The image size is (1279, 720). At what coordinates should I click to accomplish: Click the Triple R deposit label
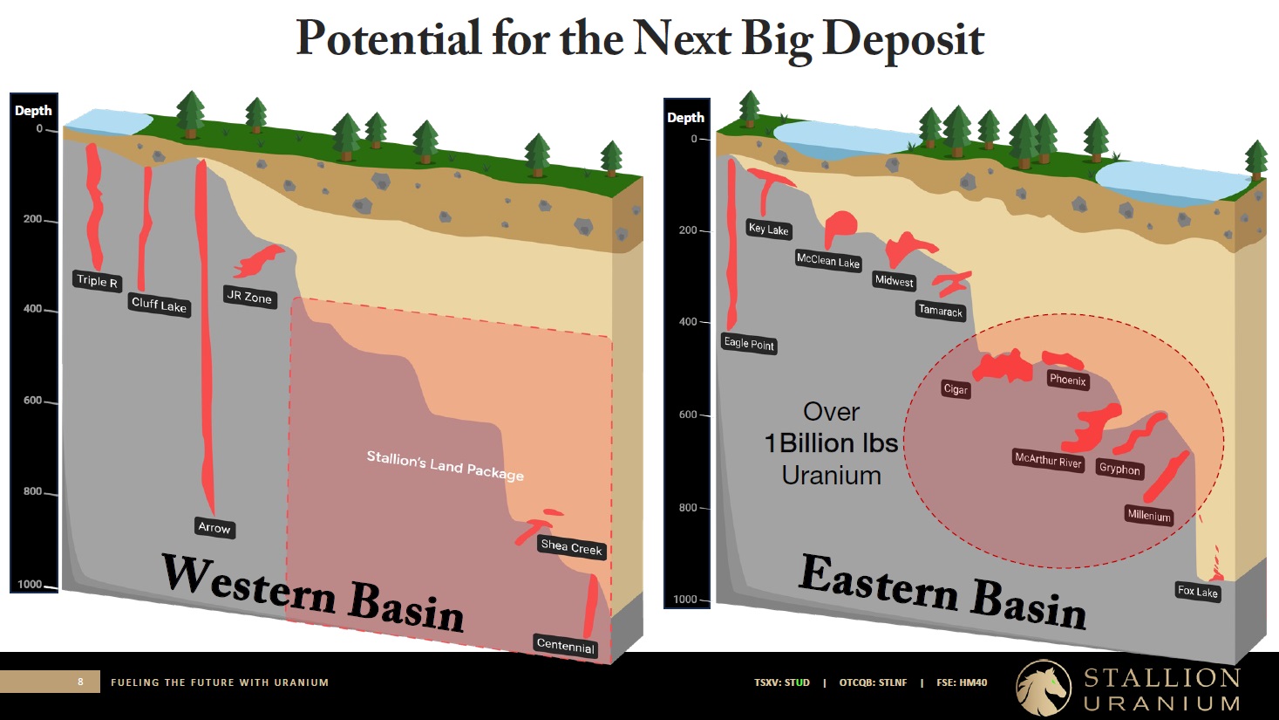[97, 280]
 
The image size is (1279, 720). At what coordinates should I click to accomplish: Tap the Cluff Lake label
[159, 305]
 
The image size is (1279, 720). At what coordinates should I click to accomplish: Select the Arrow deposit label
[214, 527]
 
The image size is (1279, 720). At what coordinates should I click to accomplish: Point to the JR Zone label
[249, 297]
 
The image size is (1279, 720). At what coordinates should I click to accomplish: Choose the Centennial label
[565, 646]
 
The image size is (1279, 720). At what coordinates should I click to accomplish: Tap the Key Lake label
[769, 230]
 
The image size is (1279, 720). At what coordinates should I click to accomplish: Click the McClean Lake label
[828, 261]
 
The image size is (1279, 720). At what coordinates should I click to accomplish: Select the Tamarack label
[941, 311]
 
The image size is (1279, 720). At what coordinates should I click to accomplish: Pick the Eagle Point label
[749, 344]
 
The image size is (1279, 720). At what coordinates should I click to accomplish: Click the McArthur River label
[1048, 460]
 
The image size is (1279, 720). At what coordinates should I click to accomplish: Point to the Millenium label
[1149, 515]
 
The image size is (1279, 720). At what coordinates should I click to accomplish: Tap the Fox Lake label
[1197, 592]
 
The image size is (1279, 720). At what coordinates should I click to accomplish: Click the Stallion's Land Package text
[445, 466]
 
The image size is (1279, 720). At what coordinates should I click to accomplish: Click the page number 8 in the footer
[80, 682]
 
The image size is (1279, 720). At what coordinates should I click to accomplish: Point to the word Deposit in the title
[904, 39]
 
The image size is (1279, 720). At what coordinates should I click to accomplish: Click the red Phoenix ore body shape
[1062, 360]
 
